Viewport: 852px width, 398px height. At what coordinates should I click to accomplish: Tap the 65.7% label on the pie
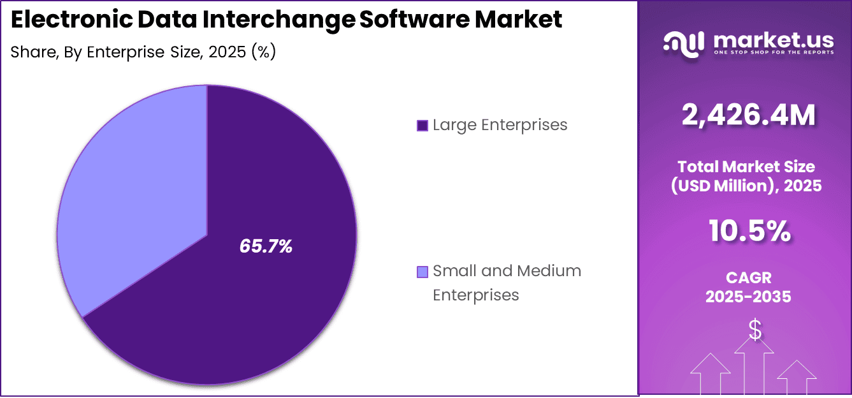pos(266,246)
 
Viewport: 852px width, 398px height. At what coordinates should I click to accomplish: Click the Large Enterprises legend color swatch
pos(422,126)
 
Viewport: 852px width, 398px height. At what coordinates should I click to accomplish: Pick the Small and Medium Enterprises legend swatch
pos(422,272)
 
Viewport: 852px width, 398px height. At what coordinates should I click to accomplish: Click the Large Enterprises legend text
pos(500,125)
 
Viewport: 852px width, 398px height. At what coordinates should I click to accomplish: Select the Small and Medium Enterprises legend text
pos(507,283)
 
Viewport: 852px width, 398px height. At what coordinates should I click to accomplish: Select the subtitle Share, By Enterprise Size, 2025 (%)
pos(143,52)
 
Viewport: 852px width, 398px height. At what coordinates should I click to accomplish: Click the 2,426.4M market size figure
pos(748,115)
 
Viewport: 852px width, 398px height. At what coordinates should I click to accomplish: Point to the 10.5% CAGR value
pos(749,231)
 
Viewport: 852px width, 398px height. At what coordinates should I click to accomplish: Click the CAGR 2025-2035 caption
pos(748,287)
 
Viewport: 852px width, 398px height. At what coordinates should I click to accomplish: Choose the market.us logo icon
pos(683,42)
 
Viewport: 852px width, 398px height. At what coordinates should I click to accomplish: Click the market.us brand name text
pos(773,40)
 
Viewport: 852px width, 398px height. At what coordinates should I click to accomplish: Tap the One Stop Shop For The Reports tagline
pos(773,52)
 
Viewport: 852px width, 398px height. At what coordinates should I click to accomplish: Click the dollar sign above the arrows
pos(755,330)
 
